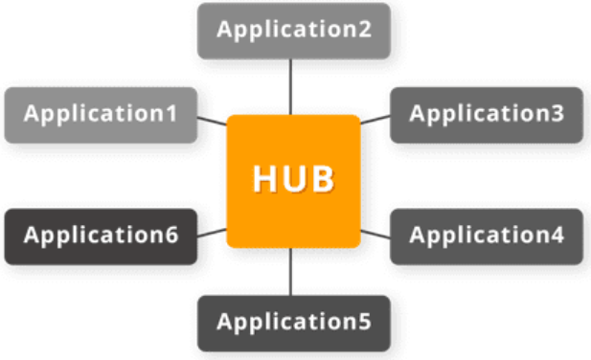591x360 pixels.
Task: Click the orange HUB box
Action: pos(294,181)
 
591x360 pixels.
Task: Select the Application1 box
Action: pos(101,115)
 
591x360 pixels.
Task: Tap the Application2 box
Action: pos(294,31)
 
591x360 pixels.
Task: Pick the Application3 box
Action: pos(487,115)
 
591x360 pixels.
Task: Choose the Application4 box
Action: pos(487,236)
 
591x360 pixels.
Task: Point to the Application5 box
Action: pos(294,324)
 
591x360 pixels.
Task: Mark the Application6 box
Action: pos(101,236)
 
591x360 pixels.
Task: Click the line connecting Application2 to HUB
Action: pos(290,87)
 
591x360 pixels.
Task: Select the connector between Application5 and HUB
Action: pos(290,272)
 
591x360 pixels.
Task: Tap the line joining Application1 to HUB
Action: pos(212,121)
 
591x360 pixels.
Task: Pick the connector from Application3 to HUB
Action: pos(375,120)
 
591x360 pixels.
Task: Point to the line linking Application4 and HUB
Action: pos(375,234)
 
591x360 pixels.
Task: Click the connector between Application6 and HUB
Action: pos(212,233)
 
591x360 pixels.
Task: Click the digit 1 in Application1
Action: pos(171,113)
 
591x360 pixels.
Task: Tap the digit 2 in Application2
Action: pos(365,29)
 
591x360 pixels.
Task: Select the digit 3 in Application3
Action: pos(557,113)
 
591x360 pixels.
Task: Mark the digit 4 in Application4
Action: pos(557,235)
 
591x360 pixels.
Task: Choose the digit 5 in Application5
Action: pos(365,322)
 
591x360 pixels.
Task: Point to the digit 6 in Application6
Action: pos(171,235)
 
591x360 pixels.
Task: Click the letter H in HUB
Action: pos(263,179)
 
